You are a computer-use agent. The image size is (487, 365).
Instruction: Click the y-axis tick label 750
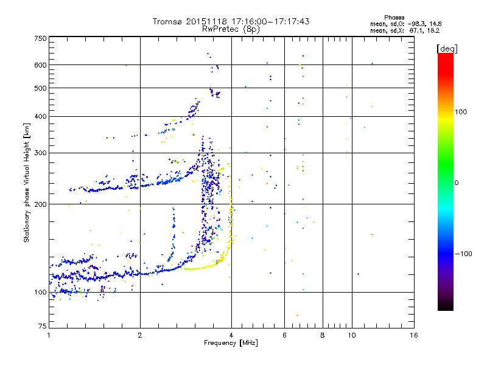click(40, 38)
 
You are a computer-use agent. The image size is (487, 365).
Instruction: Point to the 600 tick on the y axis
click(40, 64)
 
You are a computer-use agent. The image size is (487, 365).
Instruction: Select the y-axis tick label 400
click(40, 116)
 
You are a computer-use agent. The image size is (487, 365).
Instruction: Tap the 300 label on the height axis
click(40, 153)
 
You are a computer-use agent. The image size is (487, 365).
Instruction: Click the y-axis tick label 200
click(40, 204)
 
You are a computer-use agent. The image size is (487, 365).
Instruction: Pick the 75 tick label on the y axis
click(42, 327)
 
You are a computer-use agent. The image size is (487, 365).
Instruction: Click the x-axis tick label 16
click(413, 335)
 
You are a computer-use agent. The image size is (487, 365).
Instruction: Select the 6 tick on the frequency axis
click(284, 335)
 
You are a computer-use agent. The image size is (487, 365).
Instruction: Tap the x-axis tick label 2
click(140, 335)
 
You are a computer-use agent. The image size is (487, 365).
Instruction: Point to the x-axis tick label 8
click(323, 335)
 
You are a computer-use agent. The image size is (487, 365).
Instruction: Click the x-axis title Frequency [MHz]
click(231, 344)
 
